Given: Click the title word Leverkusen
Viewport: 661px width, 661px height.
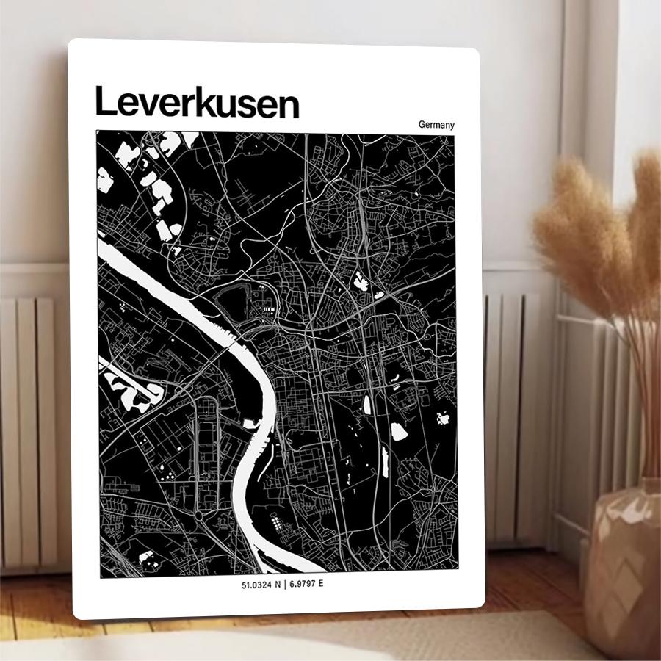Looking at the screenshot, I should (x=197, y=103).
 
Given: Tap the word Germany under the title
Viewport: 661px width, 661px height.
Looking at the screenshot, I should (x=436, y=125).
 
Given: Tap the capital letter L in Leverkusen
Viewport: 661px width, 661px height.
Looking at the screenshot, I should (x=104, y=102).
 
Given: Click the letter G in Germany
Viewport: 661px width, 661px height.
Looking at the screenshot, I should (x=422, y=125).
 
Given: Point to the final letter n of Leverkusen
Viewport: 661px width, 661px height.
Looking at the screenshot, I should (x=289, y=106).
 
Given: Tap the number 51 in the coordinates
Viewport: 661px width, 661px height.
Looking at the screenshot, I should (x=245, y=585).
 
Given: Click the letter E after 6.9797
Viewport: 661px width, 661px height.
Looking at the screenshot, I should (x=320, y=585).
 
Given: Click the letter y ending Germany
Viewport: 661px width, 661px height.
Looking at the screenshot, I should (x=452, y=126).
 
